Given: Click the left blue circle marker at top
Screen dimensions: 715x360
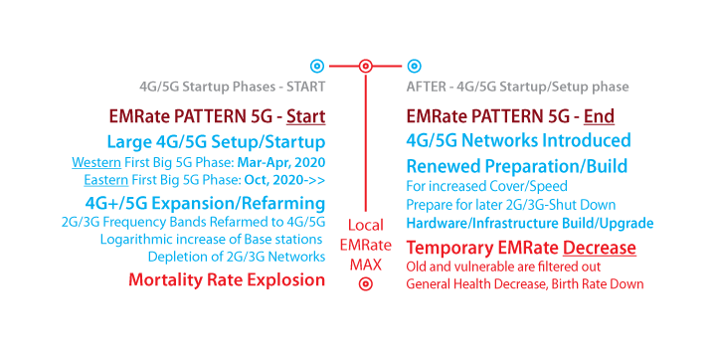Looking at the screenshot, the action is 317,67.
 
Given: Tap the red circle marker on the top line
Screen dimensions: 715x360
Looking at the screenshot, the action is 365,67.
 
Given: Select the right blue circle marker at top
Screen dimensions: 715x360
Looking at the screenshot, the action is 414,67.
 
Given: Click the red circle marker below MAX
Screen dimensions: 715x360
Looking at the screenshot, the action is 365,284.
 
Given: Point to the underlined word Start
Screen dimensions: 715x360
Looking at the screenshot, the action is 305,116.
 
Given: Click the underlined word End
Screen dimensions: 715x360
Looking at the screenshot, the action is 599,116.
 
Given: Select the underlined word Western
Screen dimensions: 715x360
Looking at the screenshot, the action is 96,162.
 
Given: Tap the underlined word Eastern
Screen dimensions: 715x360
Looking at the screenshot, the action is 105,180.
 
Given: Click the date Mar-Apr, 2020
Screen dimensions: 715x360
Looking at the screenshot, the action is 281,163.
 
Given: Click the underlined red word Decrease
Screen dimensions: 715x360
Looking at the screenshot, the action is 600,248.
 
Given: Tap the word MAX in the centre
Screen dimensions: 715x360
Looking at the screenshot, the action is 366,265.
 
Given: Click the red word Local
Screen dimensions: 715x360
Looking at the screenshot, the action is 366,225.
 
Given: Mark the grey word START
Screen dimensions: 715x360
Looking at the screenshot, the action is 305,87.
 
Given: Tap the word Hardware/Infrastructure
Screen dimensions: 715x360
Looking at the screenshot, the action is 478,224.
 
